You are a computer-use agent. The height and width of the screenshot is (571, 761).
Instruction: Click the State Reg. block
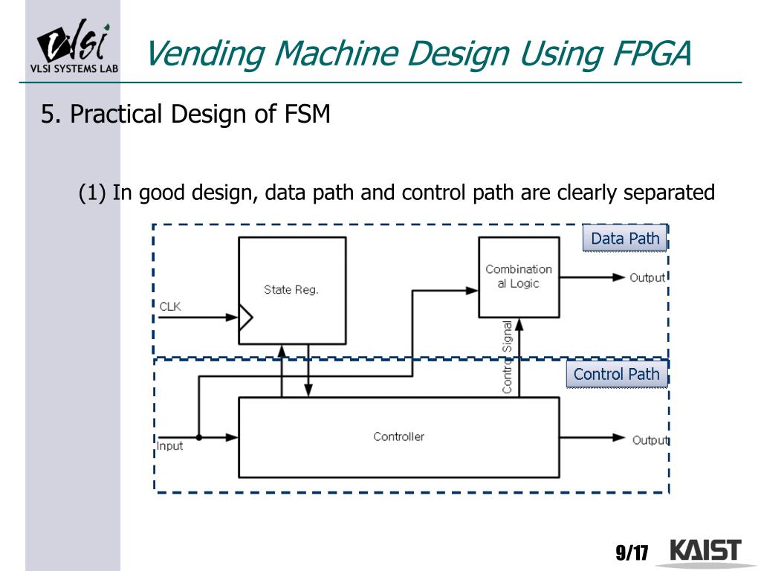click(291, 290)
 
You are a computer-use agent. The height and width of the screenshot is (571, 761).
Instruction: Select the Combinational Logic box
click(519, 277)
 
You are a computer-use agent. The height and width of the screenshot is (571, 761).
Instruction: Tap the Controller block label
click(398, 436)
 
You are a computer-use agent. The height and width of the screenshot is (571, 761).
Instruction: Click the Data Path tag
click(625, 239)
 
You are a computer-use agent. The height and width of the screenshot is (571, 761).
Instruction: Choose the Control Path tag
click(617, 374)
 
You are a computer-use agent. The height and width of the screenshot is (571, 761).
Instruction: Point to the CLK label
click(170, 306)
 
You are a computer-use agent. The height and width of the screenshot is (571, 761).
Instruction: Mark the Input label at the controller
click(169, 447)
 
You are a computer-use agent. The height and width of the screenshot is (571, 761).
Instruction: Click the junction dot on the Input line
click(199, 438)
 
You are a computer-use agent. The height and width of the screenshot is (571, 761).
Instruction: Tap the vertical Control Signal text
click(508, 357)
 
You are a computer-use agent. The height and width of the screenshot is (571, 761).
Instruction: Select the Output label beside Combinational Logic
click(647, 278)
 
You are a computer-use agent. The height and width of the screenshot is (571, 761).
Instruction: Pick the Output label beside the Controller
click(650, 440)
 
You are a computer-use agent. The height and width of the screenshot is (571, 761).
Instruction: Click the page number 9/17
click(632, 553)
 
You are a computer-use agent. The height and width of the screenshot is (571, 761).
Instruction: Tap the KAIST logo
click(705, 552)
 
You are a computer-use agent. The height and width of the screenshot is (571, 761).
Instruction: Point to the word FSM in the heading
click(307, 115)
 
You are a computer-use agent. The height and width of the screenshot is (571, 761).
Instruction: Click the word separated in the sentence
click(668, 193)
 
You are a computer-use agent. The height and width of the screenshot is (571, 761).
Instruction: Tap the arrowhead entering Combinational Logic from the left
click(471, 291)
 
